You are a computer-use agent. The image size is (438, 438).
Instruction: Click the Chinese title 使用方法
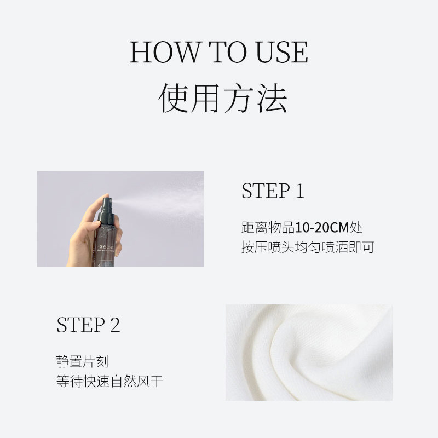click(x=223, y=99)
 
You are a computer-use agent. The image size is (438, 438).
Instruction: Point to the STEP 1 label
click(x=273, y=192)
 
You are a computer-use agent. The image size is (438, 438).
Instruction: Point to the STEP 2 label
click(x=88, y=325)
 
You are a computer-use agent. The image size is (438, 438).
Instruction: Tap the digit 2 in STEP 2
click(x=114, y=325)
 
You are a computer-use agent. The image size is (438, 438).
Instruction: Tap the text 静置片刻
click(x=79, y=361)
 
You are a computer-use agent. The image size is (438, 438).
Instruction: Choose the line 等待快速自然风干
click(x=109, y=381)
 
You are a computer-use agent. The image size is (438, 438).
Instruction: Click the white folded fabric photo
click(x=309, y=352)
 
